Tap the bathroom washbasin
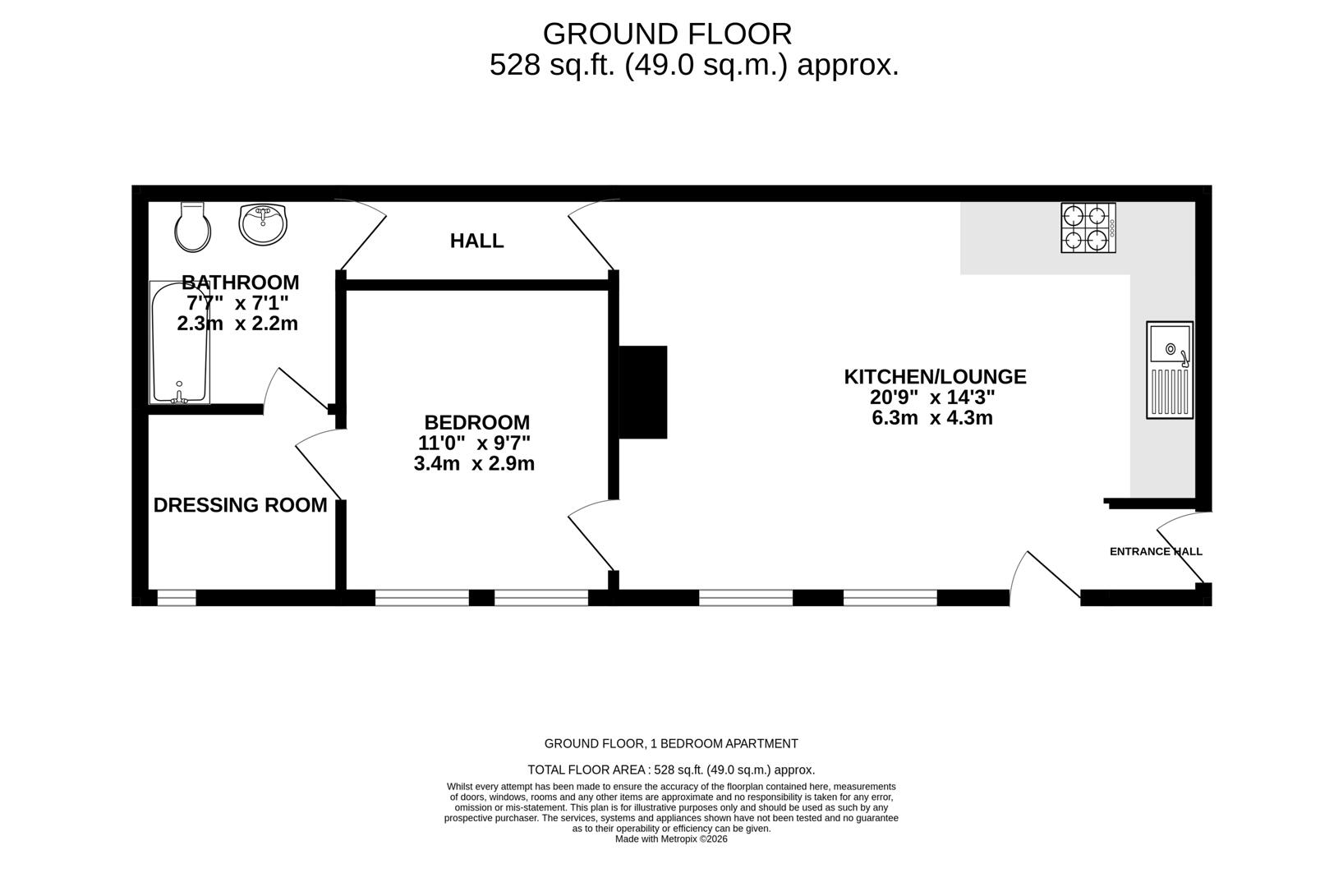pyautogui.click(x=264, y=224)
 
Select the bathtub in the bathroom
pyautogui.click(x=179, y=342)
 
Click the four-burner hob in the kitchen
pyautogui.click(x=1088, y=227)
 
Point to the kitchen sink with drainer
pyautogui.click(x=1170, y=370)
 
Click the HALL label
pyautogui.click(x=476, y=241)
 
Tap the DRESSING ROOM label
pyautogui.click(x=240, y=505)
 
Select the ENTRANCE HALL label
pyautogui.click(x=1155, y=552)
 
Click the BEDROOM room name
pyautogui.click(x=476, y=422)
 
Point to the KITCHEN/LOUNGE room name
pyautogui.click(x=935, y=377)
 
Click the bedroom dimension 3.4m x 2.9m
pyautogui.click(x=474, y=464)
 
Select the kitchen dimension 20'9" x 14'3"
pyautogui.click(x=932, y=398)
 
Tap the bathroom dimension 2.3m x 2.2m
pyautogui.click(x=237, y=324)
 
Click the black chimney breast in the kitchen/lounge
pyautogui.click(x=642, y=392)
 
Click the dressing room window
pyautogui.click(x=177, y=598)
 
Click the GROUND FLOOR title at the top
pyautogui.click(x=667, y=34)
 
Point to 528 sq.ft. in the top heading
pyautogui.click(x=552, y=65)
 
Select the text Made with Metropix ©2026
pyautogui.click(x=671, y=839)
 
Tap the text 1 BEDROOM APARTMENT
pyautogui.click(x=724, y=744)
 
